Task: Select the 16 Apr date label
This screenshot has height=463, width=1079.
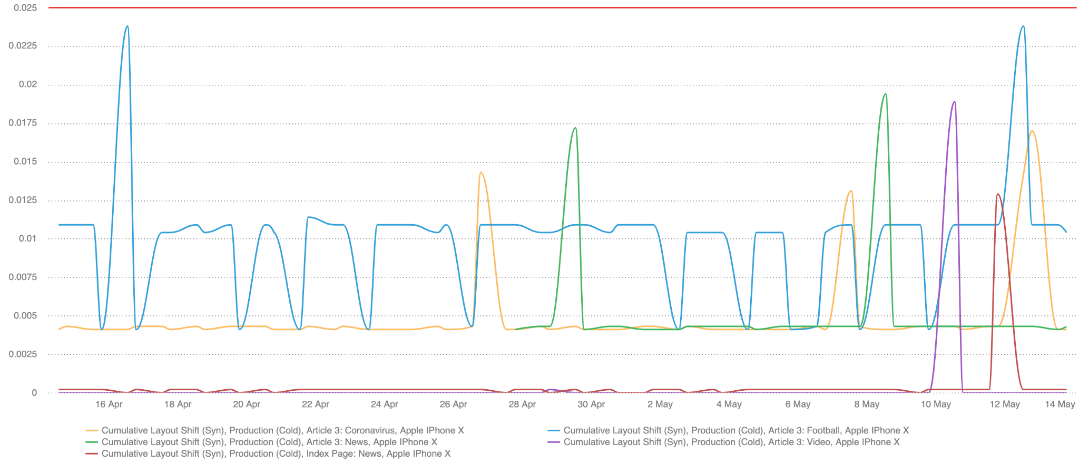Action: tap(109, 404)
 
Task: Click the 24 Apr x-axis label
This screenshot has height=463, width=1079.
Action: tap(385, 404)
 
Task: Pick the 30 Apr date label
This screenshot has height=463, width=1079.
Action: tap(591, 404)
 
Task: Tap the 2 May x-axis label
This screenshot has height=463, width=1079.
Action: tap(660, 404)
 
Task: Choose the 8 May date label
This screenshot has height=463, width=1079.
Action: tap(867, 404)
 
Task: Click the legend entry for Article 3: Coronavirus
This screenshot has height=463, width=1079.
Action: tap(282, 430)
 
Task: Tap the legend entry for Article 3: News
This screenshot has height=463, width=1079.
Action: tap(269, 442)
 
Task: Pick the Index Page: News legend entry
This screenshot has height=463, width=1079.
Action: tap(276, 454)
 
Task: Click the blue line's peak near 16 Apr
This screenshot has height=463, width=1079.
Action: tap(127, 26)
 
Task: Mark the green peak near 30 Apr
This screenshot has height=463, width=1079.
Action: tap(575, 128)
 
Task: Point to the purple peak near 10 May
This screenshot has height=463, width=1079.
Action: tap(954, 102)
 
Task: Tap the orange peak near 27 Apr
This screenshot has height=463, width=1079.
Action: tap(480, 172)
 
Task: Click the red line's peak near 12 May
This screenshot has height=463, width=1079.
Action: tap(998, 194)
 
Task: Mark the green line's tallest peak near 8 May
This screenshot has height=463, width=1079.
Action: tap(885, 94)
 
